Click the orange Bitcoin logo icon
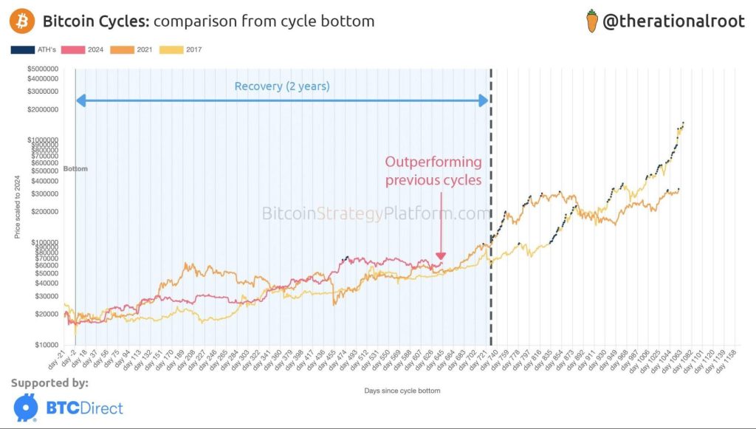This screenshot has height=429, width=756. point(21,21)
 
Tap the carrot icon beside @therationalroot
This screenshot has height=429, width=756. point(591,21)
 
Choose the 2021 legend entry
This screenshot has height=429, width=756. point(137,50)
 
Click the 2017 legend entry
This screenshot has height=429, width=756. point(184,50)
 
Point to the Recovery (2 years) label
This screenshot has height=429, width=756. point(282,86)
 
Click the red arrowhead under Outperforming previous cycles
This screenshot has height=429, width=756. point(441,256)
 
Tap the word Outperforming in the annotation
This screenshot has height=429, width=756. point(433,162)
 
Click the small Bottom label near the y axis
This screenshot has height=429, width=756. point(75,169)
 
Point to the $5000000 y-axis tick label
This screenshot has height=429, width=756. point(42,69)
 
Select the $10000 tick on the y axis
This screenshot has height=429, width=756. point(47,345)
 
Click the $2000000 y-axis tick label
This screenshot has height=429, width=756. point(42,109)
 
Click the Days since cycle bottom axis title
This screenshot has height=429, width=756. point(402,390)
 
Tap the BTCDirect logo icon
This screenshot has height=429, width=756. point(26,408)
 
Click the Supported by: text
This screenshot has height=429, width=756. point(49,383)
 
